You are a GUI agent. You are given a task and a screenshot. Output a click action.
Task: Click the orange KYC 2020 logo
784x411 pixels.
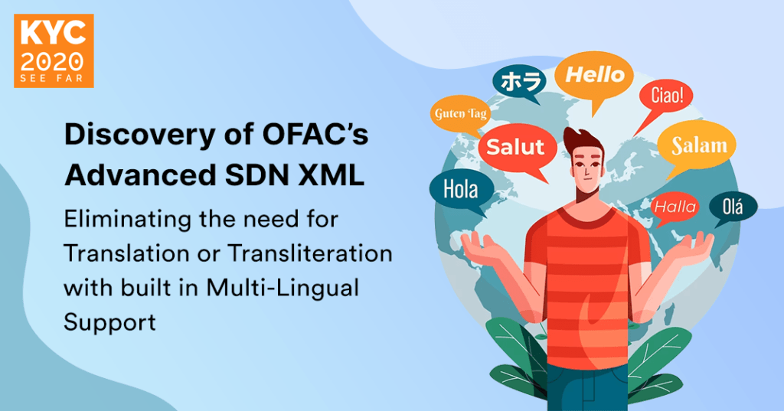[54, 51]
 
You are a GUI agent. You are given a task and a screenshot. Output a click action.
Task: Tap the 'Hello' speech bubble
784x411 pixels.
[595, 76]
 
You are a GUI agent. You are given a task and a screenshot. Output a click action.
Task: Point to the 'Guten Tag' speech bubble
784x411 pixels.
[461, 115]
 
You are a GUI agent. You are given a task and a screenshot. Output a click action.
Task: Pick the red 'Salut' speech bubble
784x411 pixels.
[515, 148]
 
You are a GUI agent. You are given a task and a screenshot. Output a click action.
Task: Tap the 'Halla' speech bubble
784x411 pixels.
[675, 207]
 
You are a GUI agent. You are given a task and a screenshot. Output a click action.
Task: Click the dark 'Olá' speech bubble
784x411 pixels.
[733, 205]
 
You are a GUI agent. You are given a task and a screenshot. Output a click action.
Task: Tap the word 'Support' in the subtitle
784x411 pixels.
[109, 321]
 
